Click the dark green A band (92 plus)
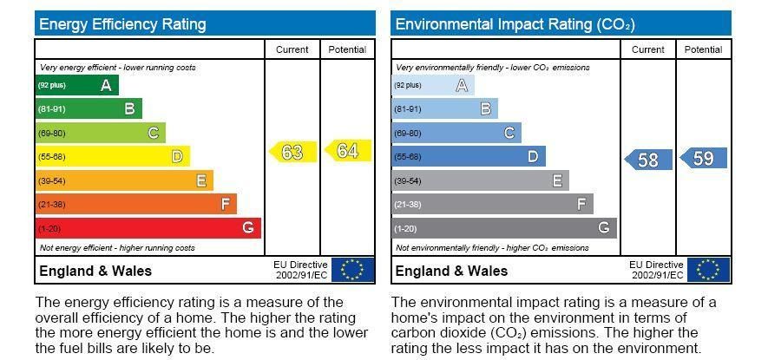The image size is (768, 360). (76, 85)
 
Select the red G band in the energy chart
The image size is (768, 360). (148, 228)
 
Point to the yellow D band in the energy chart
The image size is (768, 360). (112, 157)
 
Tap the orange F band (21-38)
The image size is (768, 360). (135, 205)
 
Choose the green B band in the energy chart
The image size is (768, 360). (89, 109)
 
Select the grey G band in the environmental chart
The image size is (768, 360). (504, 228)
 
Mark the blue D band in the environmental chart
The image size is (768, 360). (469, 157)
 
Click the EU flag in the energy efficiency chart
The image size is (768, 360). (352, 270)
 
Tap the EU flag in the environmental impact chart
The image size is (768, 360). (708, 270)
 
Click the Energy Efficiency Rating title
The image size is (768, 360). (122, 24)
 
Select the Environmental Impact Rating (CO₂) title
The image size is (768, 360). (502, 24)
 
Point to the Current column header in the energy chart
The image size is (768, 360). (292, 49)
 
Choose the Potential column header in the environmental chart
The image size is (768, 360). (703, 49)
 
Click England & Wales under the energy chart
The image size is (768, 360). (95, 271)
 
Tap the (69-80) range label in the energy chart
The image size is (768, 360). (51, 134)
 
